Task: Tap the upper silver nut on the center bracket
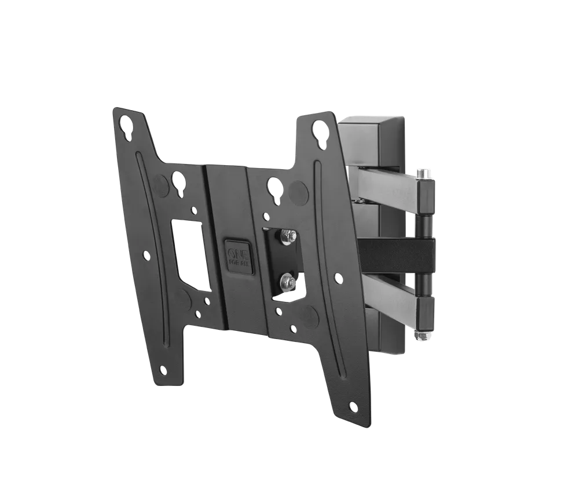coord(287,235)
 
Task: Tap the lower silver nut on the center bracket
coord(286,281)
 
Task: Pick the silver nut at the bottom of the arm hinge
coord(419,334)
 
